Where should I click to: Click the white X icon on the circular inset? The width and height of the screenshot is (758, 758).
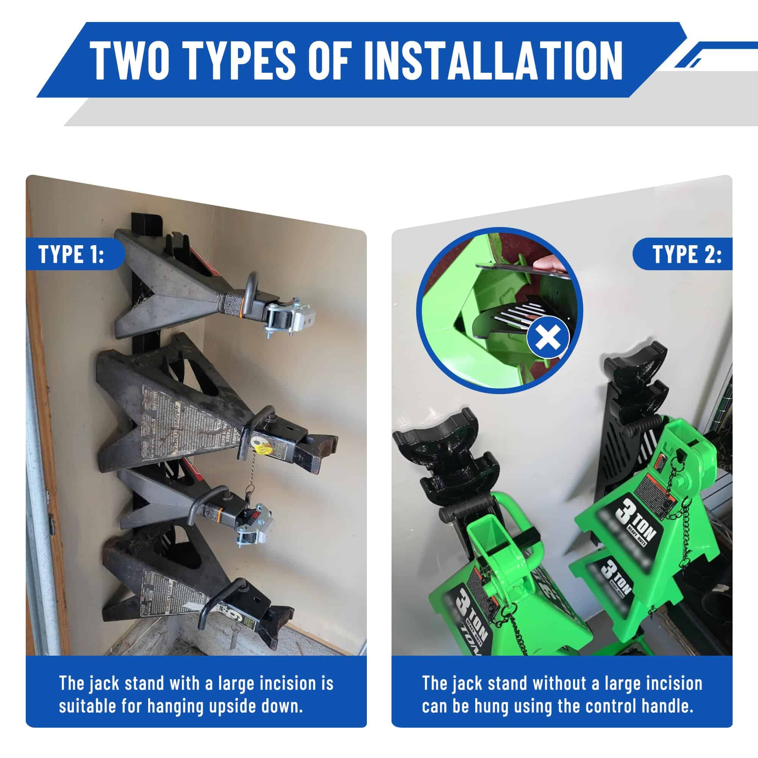coord(548,337)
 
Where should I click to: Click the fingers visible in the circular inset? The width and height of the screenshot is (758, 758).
coord(553,267)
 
